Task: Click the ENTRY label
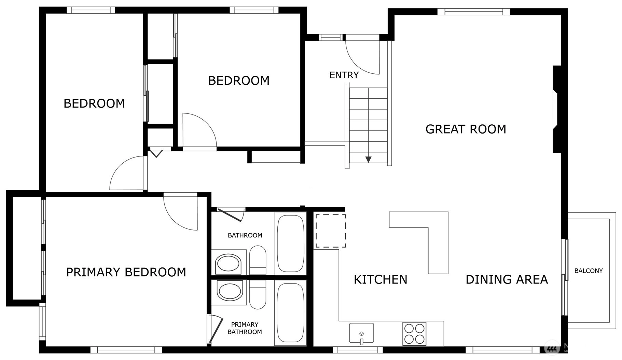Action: [x=344, y=75]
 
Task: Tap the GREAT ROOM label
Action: [x=466, y=129]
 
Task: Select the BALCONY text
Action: [x=588, y=271]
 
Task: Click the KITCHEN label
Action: [x=381, y=279]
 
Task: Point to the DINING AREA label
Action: [x=507, y=279]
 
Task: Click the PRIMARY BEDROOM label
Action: [x=126, y=272]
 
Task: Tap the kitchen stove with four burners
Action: [x=414, y=334]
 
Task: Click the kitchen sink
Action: [x=361, y=333]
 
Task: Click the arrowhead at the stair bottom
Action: [x=368, y=160]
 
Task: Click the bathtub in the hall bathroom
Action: [x=290, y=243]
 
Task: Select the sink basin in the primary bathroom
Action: [x=229, y=291]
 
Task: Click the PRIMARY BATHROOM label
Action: [x=245, y=328]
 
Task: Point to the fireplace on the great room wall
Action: [x=557, y=109]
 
